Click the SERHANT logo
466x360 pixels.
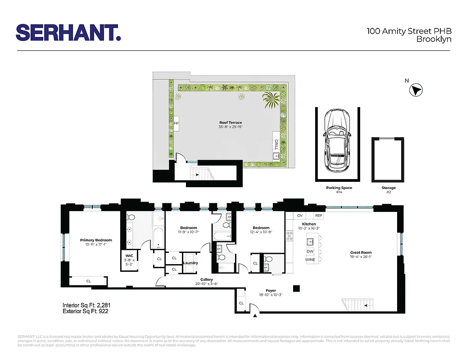click(x=68, y=33)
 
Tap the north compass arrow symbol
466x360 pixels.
click(x=416, y=90)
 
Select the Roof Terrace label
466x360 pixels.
click(x=231, y=122)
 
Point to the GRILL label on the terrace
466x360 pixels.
click(x=276, y=145)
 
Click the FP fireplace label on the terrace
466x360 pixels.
click(x=176, y=123)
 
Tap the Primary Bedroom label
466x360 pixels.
click(x=96, y=240)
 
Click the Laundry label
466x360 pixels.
click(x=190, y=263)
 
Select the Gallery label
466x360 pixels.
click(x=207, y=279)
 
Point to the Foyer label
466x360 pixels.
click(x=271, y=291)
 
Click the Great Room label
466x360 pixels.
click(x=361, y=252)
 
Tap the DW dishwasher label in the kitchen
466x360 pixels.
click(x=310, y=251)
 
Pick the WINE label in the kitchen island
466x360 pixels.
click(x=310, y=260)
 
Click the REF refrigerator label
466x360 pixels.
click(x=319, y=216)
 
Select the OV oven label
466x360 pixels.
click(x=300, y=216)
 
